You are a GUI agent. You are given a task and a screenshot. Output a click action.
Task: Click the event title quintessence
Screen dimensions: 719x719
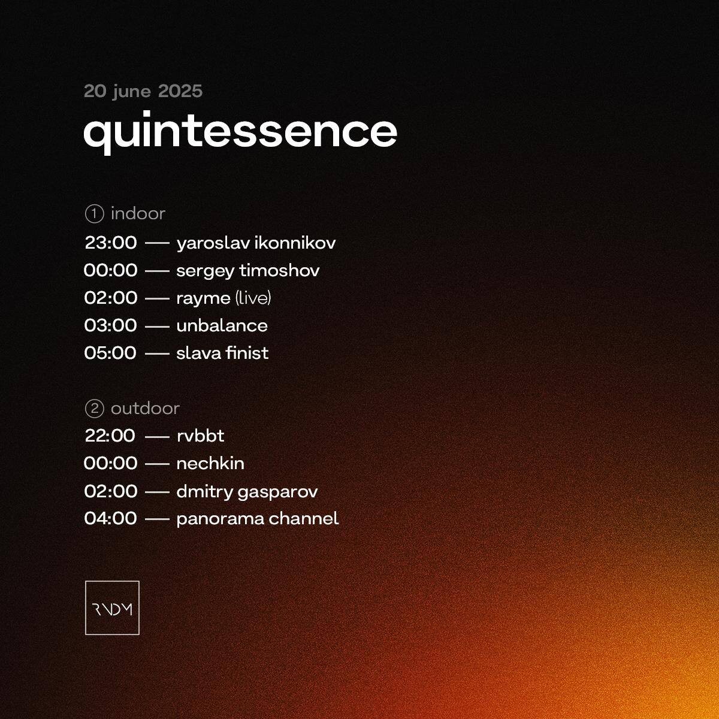240,132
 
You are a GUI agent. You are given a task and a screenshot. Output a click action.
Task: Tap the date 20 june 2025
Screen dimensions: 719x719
143,92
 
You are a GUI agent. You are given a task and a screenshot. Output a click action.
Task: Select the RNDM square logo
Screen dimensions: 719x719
112,608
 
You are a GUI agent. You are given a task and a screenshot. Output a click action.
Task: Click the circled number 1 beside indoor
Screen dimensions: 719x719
95,214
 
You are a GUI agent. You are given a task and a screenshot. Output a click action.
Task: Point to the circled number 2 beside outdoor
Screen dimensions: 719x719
95,409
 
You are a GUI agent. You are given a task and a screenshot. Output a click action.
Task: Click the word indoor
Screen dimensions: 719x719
138,214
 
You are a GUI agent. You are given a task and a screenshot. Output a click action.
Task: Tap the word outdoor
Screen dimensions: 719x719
146,409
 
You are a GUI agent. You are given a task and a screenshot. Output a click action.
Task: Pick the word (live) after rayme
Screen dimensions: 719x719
253,298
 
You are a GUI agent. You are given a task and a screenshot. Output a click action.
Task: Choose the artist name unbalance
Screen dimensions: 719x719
222,326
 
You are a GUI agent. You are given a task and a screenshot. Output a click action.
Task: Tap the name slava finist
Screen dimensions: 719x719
222,353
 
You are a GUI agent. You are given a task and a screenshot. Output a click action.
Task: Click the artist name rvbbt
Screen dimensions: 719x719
200,436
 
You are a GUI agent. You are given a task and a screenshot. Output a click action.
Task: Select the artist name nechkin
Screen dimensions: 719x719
210,463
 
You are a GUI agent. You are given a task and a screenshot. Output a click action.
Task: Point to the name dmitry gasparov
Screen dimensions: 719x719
247,492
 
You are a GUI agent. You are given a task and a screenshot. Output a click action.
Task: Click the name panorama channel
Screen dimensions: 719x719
258,519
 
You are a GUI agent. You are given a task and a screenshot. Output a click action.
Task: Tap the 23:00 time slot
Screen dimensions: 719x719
111,243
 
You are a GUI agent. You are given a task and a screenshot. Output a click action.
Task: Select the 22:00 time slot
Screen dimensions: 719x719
110,436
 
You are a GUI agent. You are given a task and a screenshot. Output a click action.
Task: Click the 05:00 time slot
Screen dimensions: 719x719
110,353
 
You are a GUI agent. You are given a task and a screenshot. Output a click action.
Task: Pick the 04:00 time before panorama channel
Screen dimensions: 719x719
110,519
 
